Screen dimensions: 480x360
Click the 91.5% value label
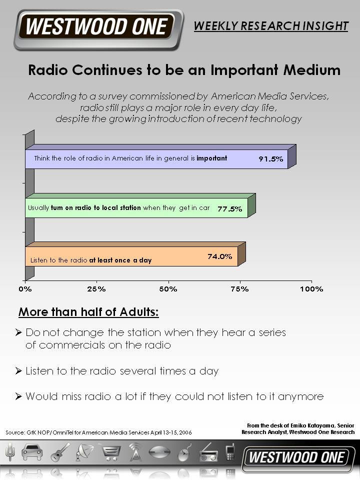(270, 159)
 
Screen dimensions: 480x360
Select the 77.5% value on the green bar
(229, 209)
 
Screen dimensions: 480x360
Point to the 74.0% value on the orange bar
(219, 256)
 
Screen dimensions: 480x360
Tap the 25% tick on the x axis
(96, 289)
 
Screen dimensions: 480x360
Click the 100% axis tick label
(311, 289)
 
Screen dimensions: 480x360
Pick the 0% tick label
(25, 289)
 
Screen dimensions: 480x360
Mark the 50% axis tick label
(168, 289)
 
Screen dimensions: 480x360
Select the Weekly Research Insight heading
(271, 26)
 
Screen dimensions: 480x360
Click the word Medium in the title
(311, 70)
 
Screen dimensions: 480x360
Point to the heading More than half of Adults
(88, 312)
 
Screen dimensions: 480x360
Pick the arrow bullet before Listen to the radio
(18, 371)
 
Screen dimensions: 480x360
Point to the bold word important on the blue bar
(212, 158)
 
